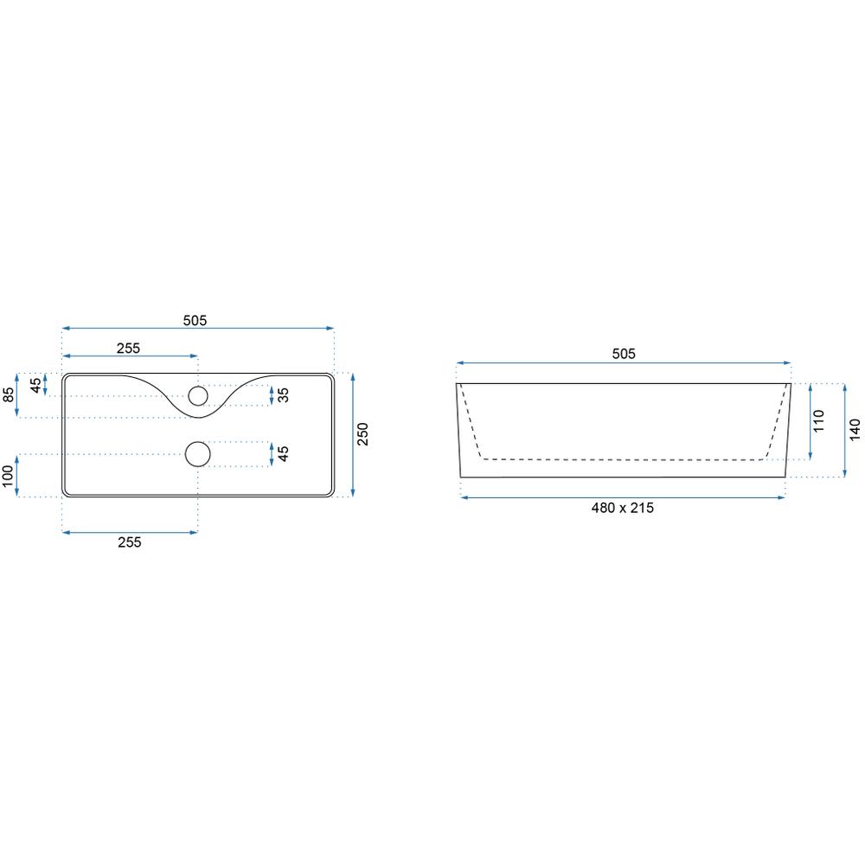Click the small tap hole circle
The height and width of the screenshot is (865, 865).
[x=198, y=395]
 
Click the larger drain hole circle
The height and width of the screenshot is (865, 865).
[x=198, y=454]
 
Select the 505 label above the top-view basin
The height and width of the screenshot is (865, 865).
[x=195, y=321]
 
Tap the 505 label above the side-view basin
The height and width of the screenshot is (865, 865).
[x=624, y=354]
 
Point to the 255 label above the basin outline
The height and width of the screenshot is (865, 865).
[x=129, y=348]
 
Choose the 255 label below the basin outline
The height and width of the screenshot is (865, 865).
[x=130, y=542]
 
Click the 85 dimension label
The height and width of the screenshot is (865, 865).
[x=9, y=395]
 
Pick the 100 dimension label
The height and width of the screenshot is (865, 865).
[x=8, y=476]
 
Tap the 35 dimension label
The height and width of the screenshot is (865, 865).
[x=283, y=395]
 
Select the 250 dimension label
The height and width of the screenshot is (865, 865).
[x=362, y=434]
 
